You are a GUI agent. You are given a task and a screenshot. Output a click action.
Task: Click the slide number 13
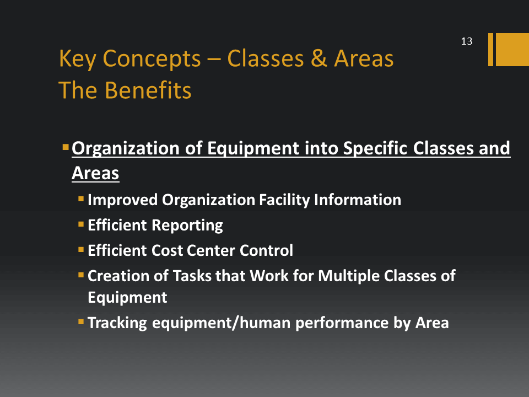[x=467, y=41]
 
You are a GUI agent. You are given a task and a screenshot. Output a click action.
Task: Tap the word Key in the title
[x=78, y=60]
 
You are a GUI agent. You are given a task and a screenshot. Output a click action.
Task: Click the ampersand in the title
[x=319, y=58]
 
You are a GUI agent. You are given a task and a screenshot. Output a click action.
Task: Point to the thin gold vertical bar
[x=490, y=49]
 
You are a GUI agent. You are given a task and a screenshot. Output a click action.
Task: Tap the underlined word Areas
[x=95, y=173]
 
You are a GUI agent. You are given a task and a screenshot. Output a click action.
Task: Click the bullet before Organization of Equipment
[x=66, y=147]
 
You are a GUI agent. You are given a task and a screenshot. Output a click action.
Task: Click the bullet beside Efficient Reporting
[x=81, y=224]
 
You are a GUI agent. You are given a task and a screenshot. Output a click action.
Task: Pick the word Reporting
[x=189, y=226]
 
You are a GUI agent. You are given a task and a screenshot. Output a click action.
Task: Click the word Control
[x=266, y=250]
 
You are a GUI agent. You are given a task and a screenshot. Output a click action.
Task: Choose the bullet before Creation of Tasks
[x=81, y=275]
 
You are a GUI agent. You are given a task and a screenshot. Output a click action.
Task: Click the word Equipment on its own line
[x=127, y=298]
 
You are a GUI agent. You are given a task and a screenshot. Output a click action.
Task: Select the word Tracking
[x=117, y=323]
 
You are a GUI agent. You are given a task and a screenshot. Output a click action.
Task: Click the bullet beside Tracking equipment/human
[x=81, y=321]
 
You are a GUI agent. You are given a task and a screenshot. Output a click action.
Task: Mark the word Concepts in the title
[x=152, y=60]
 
